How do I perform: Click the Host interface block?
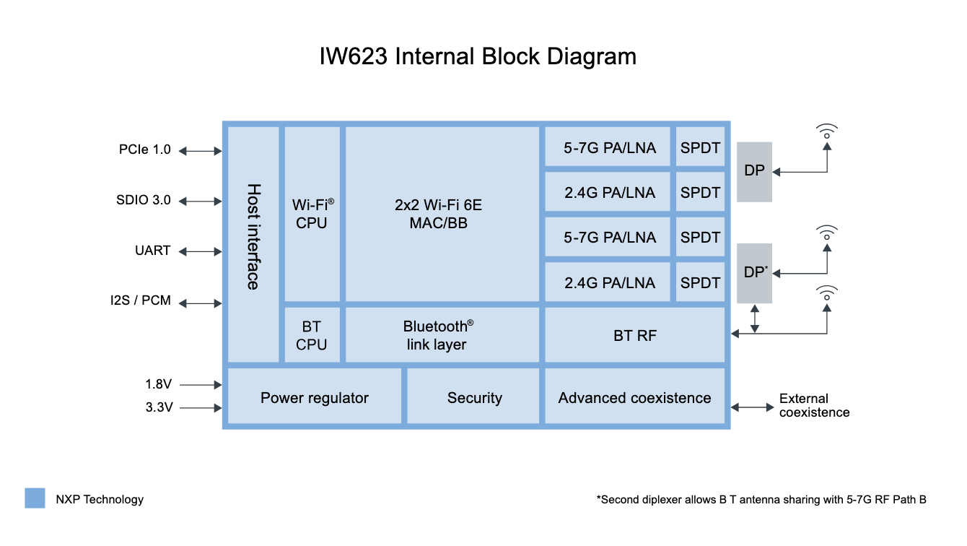coord(253,244)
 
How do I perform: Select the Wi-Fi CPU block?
coord(312,214)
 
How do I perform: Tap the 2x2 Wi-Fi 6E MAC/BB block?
coord(442,214)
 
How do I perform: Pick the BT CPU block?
coord(312,335)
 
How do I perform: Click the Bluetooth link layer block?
coord(442,335)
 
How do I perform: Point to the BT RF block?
coord(634,335)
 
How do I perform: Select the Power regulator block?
coord(314,397)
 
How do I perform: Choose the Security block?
coord(474,397)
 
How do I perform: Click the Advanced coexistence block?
coord(634,397)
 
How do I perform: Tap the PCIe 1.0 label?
coord(145,149)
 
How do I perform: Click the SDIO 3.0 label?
coord(144,200)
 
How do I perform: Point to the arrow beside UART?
coord(200,251)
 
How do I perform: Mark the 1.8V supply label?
coord(159,384)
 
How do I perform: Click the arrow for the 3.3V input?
coord(200,408)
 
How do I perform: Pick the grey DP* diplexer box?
coord(754,272)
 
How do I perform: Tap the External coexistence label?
coord(814,406)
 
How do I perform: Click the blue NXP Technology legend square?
coord(35,498)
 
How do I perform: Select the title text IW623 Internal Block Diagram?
coord(478,57)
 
